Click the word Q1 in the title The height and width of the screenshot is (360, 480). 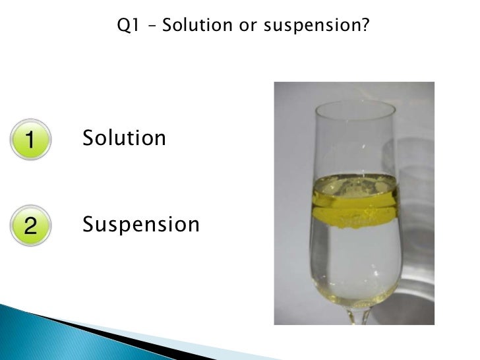tap(127, 26)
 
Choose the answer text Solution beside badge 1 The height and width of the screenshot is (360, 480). tap(124, 138)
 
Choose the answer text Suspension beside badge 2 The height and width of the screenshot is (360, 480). tap(140, 225)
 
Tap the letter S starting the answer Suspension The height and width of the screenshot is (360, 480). tap(88, 225)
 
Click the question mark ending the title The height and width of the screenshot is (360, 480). tap(365, 26)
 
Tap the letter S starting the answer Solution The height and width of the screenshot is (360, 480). tap(88, 138)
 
